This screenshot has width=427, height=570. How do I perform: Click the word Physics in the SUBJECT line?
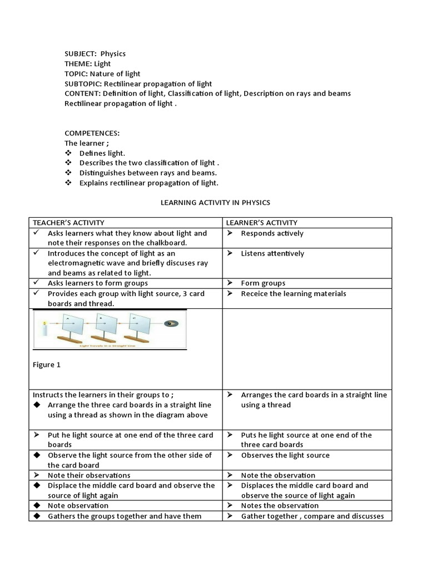click(x=113, y=54)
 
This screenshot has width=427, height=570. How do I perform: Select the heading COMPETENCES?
click(x=92, y=133)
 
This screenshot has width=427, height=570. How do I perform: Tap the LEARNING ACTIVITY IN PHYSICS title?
click(x=215, y=203)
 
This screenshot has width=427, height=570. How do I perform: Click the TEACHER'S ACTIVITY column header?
click(x=68, y=223)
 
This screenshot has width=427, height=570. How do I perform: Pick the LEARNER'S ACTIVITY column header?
click(x=261, y=223)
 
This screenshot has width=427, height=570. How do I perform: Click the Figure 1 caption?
click(x=47, y=365)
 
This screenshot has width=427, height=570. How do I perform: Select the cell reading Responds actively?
click(x=272, y=233)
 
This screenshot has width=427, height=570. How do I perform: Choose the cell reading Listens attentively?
click(x=272, y=253)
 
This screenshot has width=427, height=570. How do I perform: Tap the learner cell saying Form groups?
click(x=263, y=283)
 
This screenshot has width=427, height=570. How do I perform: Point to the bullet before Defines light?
click(x=68, y=153)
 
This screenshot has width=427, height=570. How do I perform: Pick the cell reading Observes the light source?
click(x=285, y=455)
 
